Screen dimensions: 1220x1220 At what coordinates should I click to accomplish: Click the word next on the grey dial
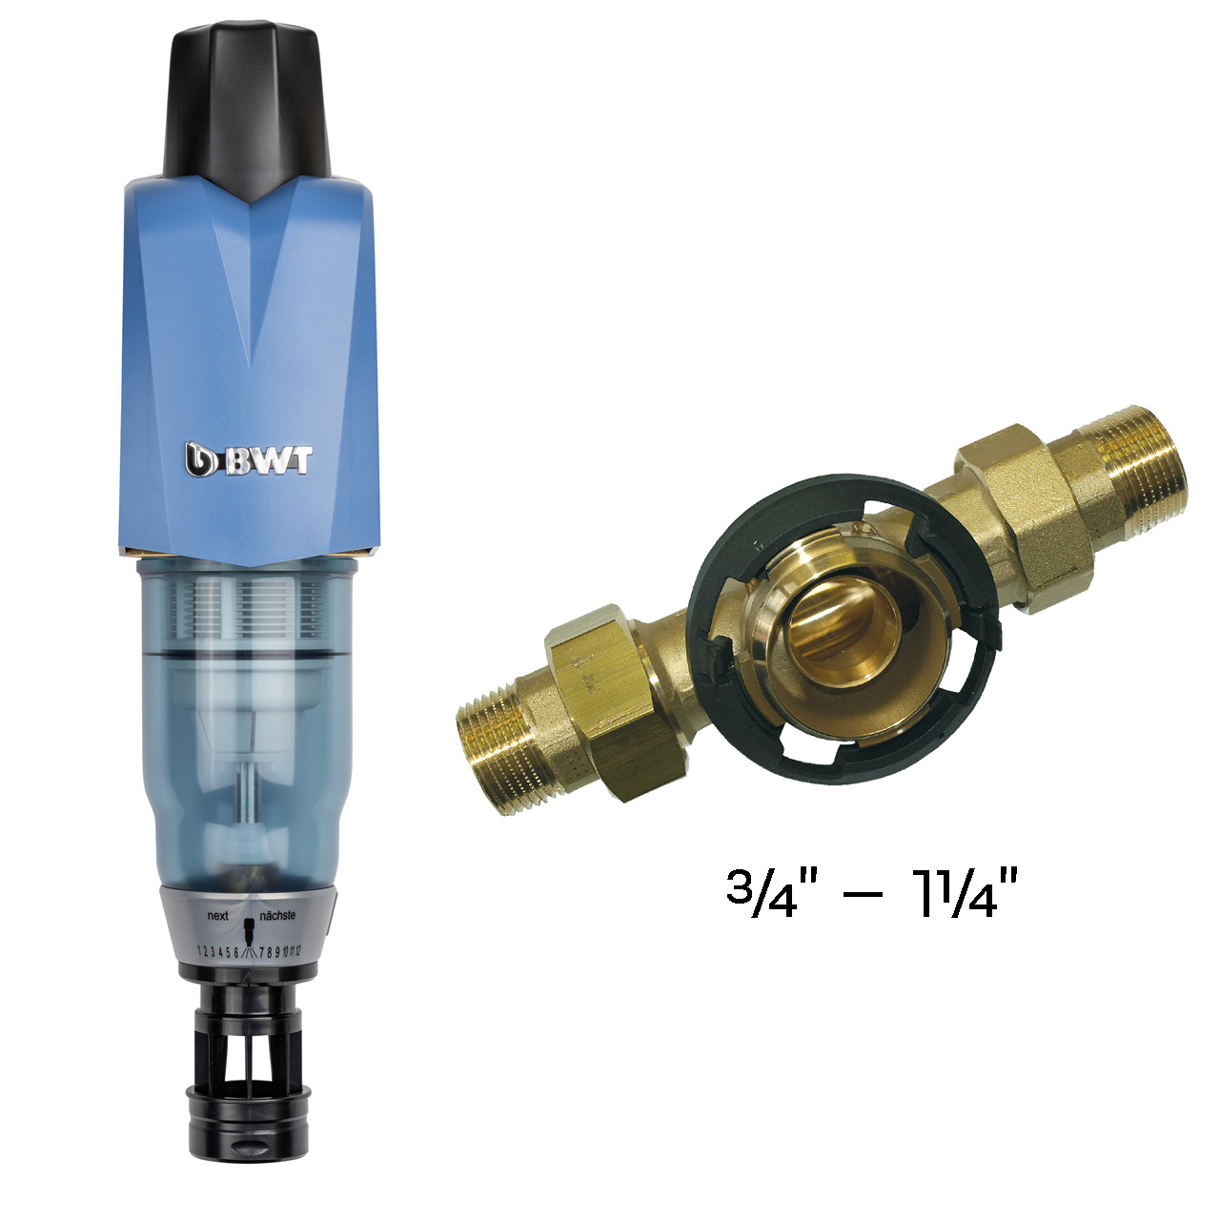(217, 916)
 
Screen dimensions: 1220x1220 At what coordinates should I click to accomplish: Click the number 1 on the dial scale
(200, 951)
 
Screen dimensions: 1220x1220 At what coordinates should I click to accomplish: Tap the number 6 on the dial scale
(236, 952)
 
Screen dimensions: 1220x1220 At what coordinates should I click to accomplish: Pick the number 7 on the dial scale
(261, 952)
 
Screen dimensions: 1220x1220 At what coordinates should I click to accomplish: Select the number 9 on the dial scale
(277, 951)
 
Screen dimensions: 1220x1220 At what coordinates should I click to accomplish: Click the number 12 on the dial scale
(297, 950)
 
